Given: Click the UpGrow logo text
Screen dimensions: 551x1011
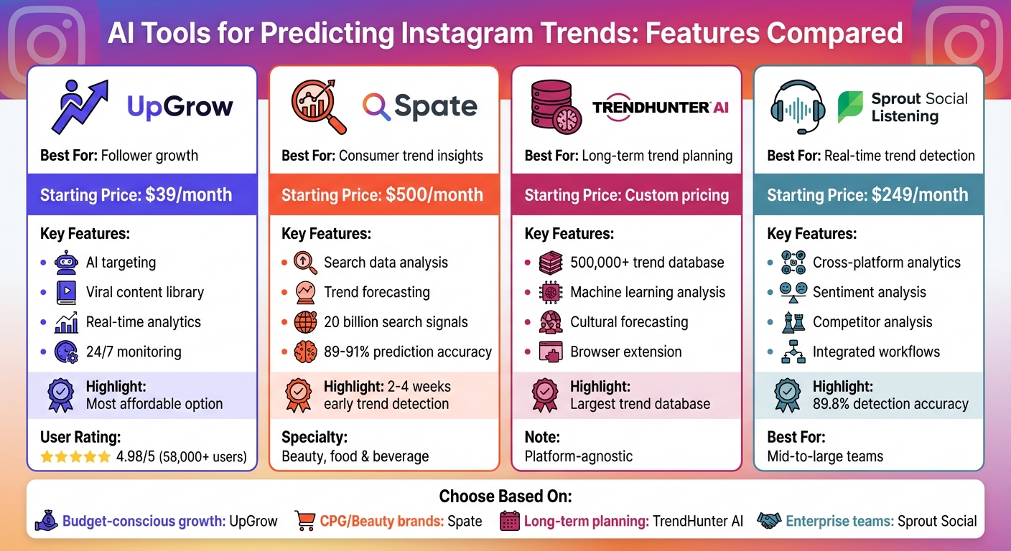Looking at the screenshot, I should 180,107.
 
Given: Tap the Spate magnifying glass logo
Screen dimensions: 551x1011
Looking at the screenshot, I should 376,107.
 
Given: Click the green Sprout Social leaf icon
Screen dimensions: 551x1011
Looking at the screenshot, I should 850,107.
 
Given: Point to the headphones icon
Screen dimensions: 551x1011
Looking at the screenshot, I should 796,107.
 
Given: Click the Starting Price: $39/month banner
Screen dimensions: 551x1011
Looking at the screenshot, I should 141,194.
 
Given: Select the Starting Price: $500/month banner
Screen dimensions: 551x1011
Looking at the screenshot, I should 383,194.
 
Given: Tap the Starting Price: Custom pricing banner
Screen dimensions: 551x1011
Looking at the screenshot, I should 626,194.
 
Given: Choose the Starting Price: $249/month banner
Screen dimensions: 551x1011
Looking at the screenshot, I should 868,194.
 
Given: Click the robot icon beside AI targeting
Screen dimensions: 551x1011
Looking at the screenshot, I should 66,263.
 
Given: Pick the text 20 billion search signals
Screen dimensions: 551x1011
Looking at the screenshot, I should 396,322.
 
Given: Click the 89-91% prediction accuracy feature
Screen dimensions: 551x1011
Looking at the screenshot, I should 408,352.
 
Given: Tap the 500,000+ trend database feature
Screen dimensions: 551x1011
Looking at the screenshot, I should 647,263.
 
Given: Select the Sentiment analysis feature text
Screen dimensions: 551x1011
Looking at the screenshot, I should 869,292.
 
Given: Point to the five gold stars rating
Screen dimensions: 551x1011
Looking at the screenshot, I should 75,456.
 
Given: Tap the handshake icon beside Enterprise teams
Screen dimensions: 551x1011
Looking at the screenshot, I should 770,521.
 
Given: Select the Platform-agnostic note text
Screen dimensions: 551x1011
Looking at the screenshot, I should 578,456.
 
